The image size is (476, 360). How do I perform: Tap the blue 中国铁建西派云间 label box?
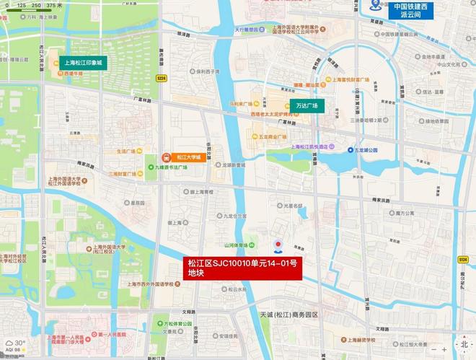point(410,11)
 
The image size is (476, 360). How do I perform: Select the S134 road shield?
point(463,259)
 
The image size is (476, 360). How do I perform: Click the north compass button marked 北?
point(464,344)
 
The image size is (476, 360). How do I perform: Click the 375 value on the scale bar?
point(55,5)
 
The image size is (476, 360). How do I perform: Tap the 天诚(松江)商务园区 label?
point(288,315)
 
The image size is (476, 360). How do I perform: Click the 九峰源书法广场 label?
point(169,167)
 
